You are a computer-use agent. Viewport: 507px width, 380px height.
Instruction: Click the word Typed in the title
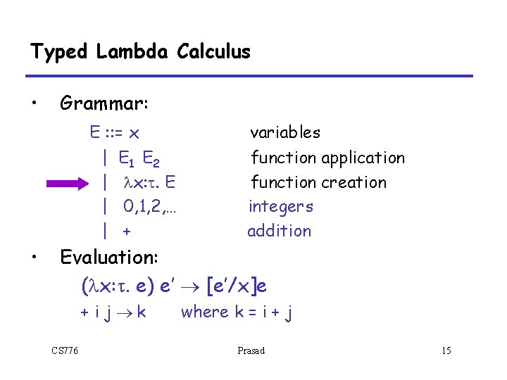tap(58, 51)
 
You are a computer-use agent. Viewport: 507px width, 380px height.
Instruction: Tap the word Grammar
tap(103, 104)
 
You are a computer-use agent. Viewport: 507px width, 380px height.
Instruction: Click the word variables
tap(285, 132)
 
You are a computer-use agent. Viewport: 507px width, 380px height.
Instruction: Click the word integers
tap(281, 206)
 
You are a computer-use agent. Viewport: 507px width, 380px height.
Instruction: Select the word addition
tap(279, 231)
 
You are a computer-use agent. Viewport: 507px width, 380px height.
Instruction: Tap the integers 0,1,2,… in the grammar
tap(148, 206)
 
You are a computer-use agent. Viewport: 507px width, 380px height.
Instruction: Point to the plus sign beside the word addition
tap(127, 231)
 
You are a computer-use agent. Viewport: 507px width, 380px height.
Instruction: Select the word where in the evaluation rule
tap(204, 312)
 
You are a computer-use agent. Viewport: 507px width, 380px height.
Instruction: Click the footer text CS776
tap(65, 350)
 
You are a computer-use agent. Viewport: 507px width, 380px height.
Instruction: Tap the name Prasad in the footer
tap(251, 350)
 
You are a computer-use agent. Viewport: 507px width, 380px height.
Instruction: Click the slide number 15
tap(446, 350)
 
